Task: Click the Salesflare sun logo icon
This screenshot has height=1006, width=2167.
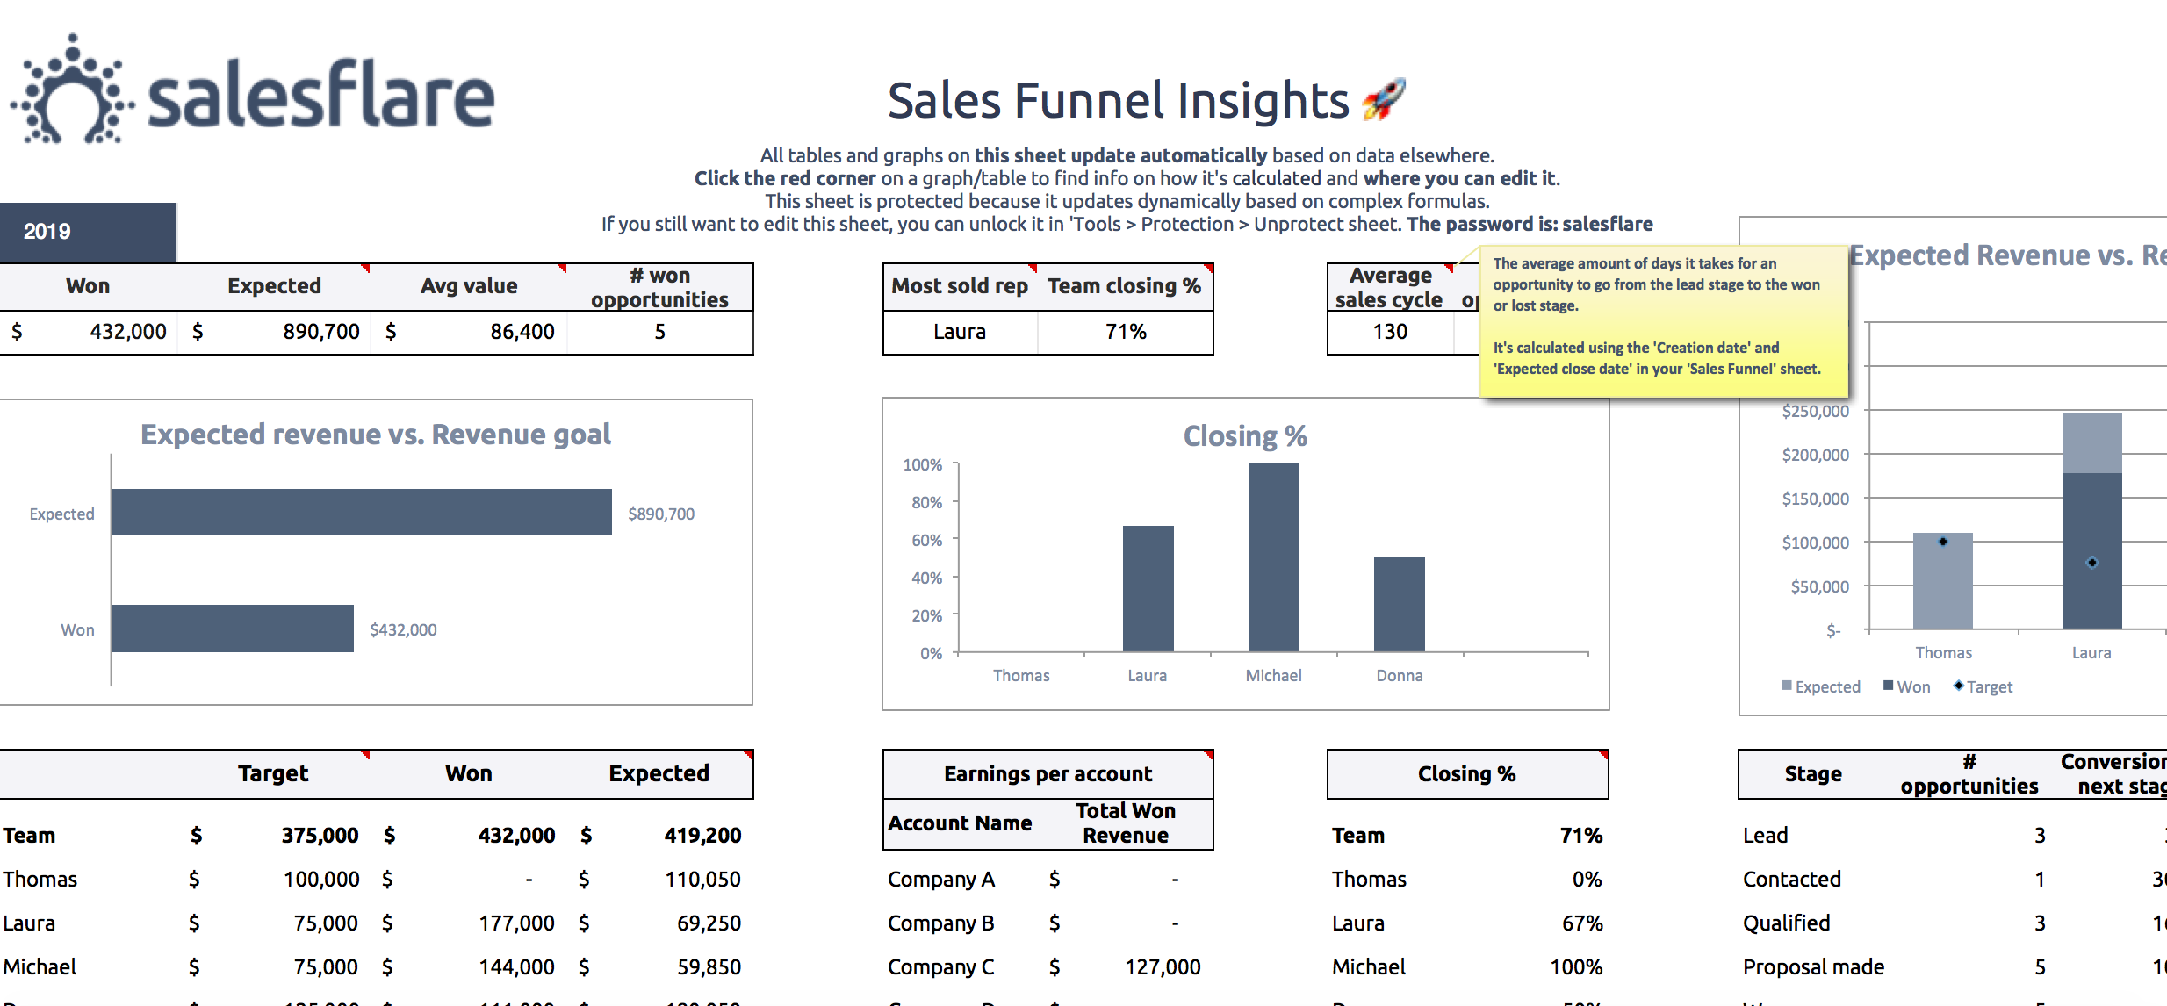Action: click(72, 91)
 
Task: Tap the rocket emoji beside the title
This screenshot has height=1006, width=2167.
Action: click(1384, 100)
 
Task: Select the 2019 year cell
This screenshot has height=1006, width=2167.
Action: click(47, 232)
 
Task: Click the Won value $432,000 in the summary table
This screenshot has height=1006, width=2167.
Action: click(127, 332)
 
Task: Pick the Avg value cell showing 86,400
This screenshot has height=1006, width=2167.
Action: click(522, 332)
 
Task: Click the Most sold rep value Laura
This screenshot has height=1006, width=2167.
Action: click(959, 332)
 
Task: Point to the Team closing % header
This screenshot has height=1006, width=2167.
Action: click(1124, 286)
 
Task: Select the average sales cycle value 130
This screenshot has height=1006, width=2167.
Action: click(1390, 332)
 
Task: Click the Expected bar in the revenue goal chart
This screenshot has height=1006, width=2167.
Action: click(361, 512)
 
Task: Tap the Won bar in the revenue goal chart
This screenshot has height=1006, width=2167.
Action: click(232, 629)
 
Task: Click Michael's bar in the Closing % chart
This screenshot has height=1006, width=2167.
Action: click(1273, 557)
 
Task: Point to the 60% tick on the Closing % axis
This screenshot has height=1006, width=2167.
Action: click(926, 540)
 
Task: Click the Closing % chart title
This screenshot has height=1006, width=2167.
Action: click(1245, 436)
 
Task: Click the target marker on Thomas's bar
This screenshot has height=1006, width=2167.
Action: click(1943, 542)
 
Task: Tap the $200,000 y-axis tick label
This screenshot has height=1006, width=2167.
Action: click(1815, 455)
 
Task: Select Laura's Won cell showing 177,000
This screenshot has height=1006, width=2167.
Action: click(516, 923)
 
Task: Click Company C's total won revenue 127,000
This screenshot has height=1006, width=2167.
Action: click(1163, 967)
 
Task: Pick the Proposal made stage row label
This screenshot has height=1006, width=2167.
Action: click(1813, 967)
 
